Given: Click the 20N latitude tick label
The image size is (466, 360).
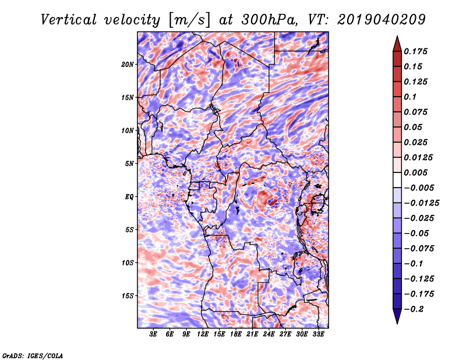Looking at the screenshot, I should [128, 64].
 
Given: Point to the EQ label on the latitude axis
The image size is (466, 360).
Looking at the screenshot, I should [129, 197].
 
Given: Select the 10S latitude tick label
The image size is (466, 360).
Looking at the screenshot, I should [128, 263].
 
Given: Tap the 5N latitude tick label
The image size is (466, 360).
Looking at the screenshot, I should [129, 164].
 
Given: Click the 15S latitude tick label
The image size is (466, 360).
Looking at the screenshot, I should [128, 296].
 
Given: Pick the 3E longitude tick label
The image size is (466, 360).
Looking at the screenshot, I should [154, 334].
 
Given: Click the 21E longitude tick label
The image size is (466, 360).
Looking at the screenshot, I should [252, 334].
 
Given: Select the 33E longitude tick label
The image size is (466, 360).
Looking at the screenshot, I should [318, 334].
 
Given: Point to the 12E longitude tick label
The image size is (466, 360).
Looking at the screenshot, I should [203, 334].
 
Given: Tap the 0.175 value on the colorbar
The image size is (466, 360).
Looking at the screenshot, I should [417, 51].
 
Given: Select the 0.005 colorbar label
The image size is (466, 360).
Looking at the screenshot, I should [417, 172].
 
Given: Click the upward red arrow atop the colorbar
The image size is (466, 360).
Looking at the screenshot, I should [397, 43].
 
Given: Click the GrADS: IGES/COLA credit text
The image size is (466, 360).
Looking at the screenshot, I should [33, 355].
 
